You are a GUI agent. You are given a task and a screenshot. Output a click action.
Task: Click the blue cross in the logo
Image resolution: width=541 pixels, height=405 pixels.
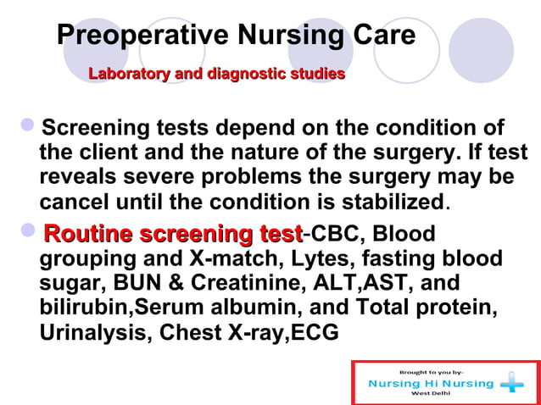[511, 384]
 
